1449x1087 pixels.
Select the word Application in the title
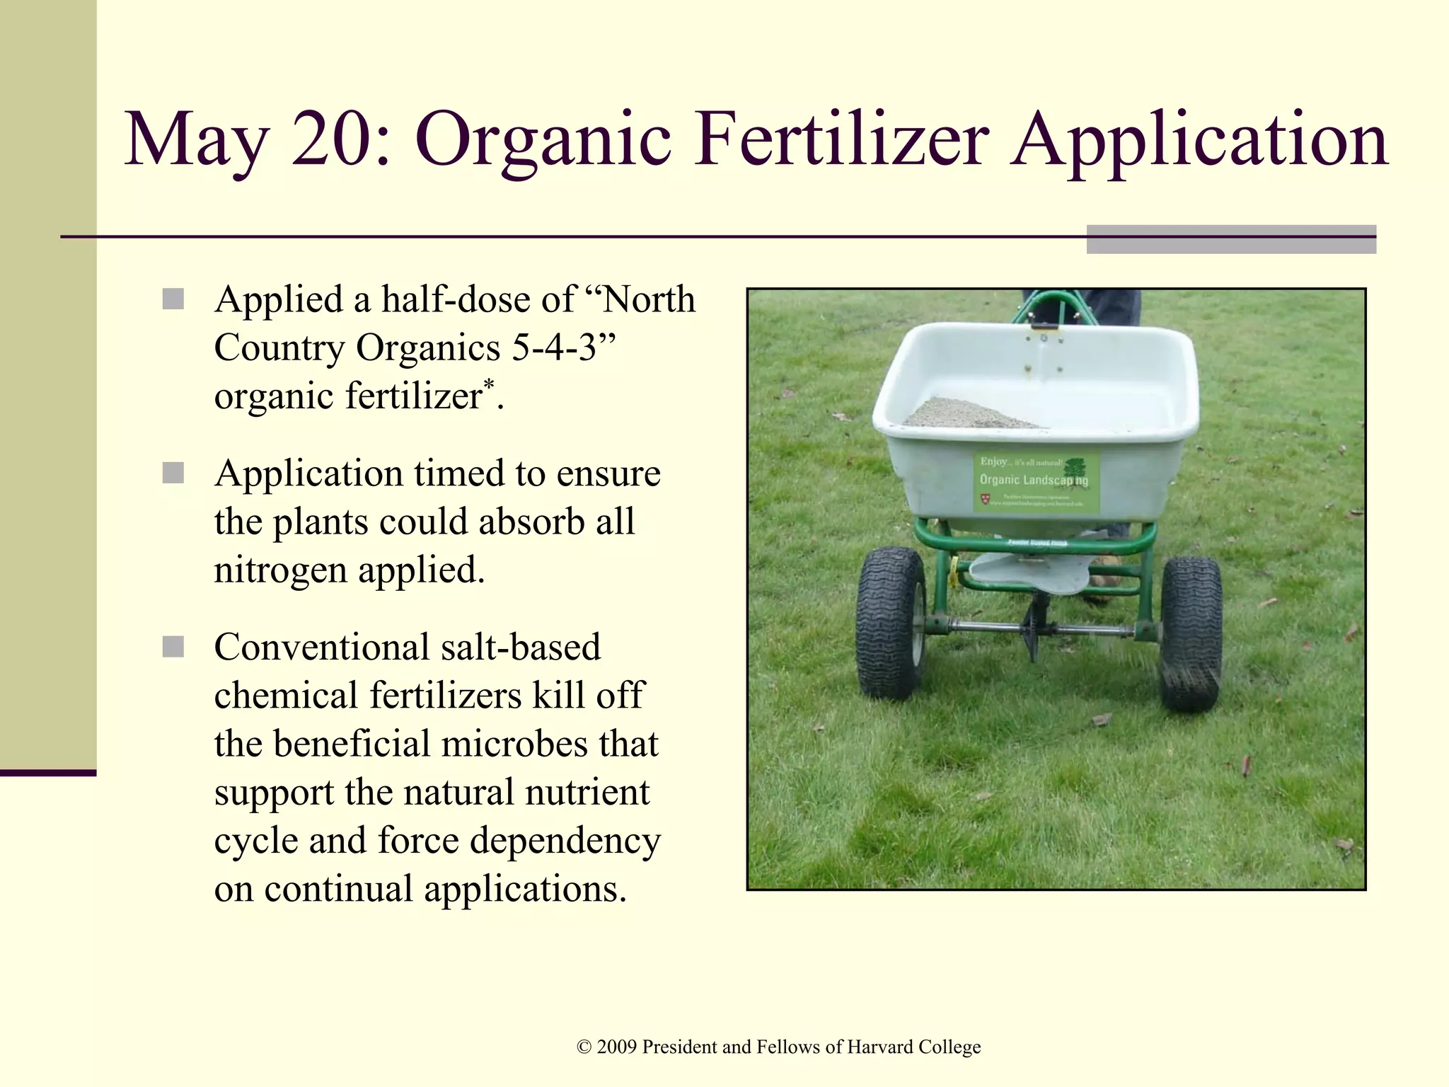1199,142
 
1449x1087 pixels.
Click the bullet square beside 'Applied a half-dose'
173,299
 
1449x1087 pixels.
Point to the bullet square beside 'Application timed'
173,473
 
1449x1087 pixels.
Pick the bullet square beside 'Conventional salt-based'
173,646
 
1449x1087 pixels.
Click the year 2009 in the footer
616,1047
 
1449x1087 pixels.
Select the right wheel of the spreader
1191,633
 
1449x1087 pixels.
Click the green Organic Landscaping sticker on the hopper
1035,483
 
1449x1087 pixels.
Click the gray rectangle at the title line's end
1230,239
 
